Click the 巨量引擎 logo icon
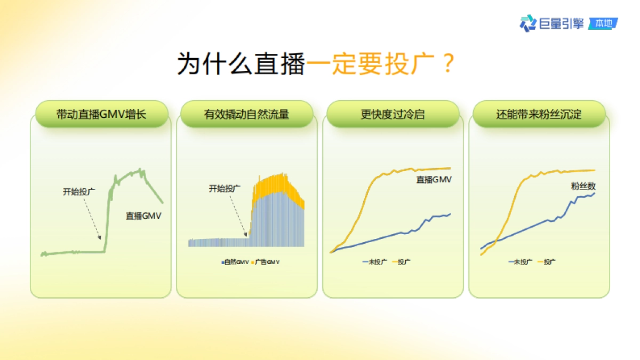[x=527, y=23]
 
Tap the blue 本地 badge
[x=603, y=23]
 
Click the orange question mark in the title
[x=449, y=63]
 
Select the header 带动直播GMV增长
[x=101, y=114]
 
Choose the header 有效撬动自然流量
[x=246, y=114]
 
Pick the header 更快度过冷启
[x=393, y=114]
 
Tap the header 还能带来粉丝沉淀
[x=539, y=114]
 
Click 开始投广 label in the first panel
[x=79, y=191]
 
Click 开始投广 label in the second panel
[x=225, y=188]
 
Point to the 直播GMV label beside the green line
[x=143, y=215]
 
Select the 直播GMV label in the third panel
[x=434, y=179]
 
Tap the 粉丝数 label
[x=583, y=186]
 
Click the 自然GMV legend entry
[x=235, y=262]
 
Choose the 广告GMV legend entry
[x=265, y=262]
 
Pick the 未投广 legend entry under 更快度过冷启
[x=374, y=262]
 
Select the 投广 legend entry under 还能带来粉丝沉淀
[x=547, y=262]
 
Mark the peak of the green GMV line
[x=140, y=170]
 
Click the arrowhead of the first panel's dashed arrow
[x=99, y=237]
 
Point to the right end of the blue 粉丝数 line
[x=594, y=194]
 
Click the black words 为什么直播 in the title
[x=241, y=63]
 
